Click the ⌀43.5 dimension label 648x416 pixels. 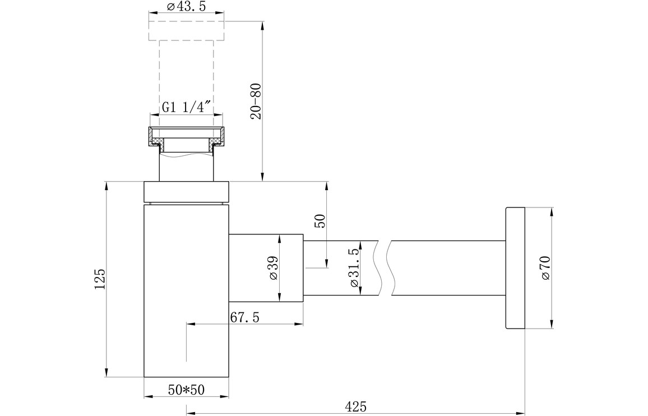point(186,7)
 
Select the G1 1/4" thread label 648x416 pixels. point(183,108)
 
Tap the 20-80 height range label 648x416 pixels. point(256,101)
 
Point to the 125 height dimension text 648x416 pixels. point(100,279)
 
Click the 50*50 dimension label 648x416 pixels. point(186,390)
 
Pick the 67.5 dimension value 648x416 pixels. point(245,317)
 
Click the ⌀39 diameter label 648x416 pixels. point(273,269)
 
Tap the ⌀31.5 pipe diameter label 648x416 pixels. point(353,268)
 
